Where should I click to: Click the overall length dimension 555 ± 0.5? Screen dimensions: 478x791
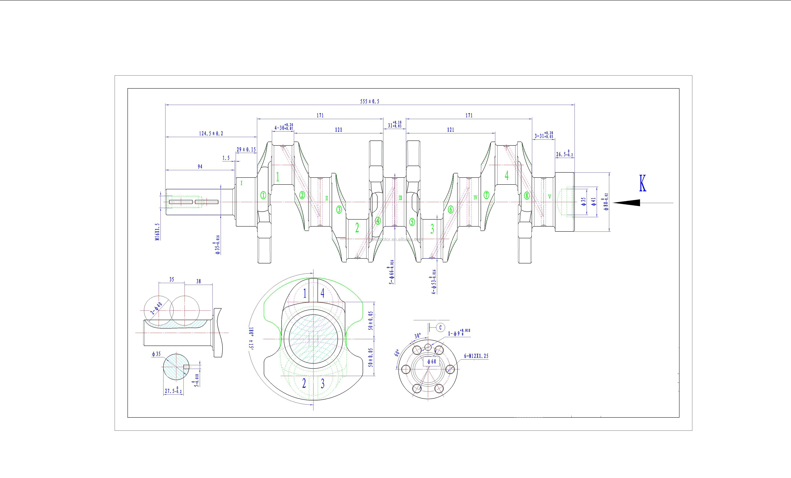[369, 101]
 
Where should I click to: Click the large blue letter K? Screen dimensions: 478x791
[642, 184]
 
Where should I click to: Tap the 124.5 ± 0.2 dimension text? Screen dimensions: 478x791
[211, 134]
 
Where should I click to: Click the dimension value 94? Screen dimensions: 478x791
[200, 167]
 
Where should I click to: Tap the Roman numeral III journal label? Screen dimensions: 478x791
[400, 198]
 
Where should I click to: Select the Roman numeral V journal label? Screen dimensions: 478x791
[550, 197]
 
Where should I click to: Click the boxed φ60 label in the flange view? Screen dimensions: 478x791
[432, 362]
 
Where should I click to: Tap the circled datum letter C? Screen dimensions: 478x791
[440, 327]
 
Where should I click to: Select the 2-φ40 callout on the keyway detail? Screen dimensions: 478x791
[156, 308]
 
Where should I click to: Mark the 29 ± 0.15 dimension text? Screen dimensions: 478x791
[246, 150]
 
